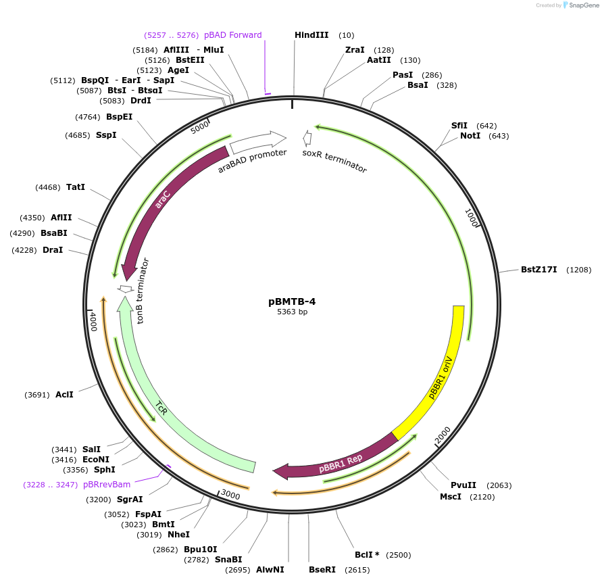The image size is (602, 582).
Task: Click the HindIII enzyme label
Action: [311, 35]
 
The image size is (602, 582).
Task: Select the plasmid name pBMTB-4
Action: [292, 301]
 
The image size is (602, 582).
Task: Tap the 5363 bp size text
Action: [292, 312]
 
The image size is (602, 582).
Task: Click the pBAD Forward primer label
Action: [232, 35]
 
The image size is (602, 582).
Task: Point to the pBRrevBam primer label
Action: [107, 485]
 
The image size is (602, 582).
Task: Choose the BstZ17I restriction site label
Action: [538, 270]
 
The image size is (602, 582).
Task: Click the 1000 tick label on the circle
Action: [472, 218]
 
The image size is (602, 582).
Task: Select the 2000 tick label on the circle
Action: [443, 436]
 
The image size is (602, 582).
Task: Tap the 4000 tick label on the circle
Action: [94, 320]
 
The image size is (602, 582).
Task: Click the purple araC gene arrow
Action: [162, 203]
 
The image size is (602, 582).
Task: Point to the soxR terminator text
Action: [334, 162]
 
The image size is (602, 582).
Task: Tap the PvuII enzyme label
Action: [463, 485]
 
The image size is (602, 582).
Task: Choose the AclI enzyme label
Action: [64, 394]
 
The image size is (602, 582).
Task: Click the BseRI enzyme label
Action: [322, 570]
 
